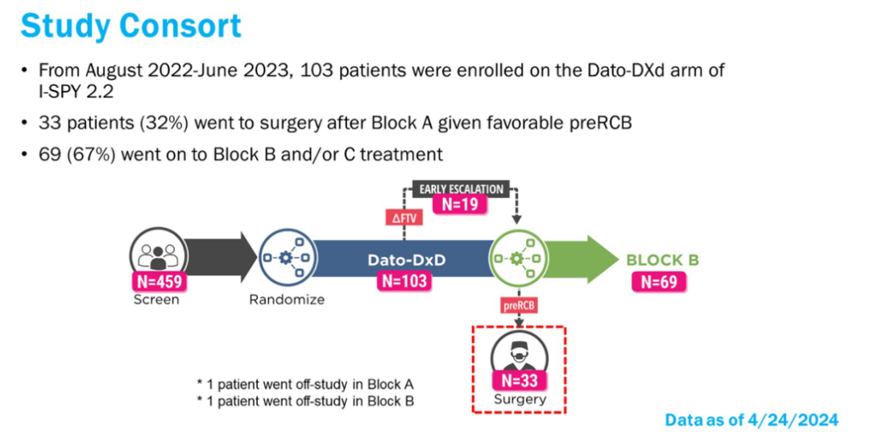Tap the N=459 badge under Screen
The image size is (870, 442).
pyautogui.click(x=158, y=282)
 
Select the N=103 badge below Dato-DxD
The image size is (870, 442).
pyautogui.click(x=404, y=281)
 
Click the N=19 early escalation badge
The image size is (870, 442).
pyautogui.click(x=460, y=204)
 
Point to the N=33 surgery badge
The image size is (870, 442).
pyautogui.click(x=518, y=381)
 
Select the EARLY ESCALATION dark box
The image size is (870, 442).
pyautogui.click(x=461, y=189)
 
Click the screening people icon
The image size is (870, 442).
pyautogui.click(x=158, y=255)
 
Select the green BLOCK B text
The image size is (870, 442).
pyautogui.click(x=662, y=261)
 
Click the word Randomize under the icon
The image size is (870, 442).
pyautogui.click(x=287, y=299)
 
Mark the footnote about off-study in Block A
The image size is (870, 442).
pyautogui.click(x=306, y=384)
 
